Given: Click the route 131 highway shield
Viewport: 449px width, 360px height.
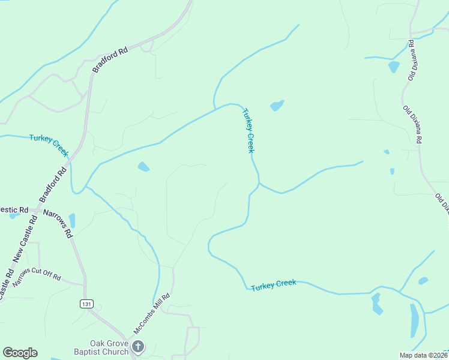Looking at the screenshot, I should click(86, 304).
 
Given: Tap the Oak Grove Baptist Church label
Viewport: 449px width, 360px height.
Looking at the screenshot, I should click(109, 347).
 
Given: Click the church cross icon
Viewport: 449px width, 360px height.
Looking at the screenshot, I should click(138, 346).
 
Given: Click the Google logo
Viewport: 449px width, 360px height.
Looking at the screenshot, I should click(20, 352).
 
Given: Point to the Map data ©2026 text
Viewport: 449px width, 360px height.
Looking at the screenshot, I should click(422, 355).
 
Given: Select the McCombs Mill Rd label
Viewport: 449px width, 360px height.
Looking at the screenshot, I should click(152, 314).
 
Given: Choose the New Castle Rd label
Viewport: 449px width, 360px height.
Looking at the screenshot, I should click(23, 239).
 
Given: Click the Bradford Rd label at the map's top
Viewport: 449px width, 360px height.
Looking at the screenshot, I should click(110, 61).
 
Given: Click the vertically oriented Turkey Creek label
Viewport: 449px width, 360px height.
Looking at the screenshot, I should click(249, 130).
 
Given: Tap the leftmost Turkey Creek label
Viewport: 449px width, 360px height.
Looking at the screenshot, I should click(49, 145).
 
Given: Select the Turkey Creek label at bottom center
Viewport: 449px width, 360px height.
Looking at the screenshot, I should click(274, 285).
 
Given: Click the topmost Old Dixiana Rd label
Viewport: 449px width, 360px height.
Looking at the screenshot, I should click(412, 61).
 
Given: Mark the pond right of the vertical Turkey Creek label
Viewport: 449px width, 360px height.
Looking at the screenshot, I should click(277, 106).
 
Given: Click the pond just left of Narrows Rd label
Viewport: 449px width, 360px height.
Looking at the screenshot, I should click(72, 220).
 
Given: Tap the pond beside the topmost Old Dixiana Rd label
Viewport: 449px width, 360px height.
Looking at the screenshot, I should click(394, 67).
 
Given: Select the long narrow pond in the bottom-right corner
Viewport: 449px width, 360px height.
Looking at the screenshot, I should click(414, 320).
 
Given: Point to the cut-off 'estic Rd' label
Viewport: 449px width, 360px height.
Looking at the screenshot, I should click(14, 209).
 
